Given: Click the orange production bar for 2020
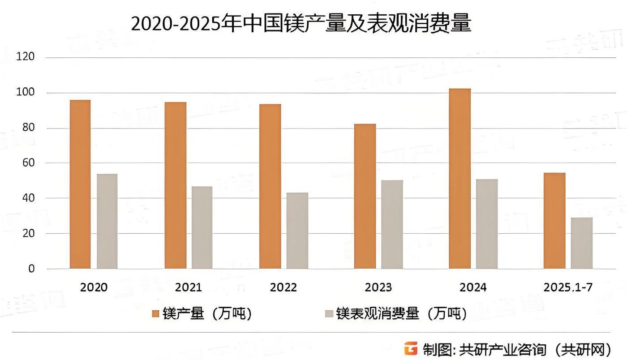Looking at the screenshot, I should tap(80, 184).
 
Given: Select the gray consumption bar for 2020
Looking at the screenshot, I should tap(107, 221).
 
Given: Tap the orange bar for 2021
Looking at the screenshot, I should tap(175, 185).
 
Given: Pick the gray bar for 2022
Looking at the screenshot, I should tap(297, 231).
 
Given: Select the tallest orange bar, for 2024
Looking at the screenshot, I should tap(460, 179).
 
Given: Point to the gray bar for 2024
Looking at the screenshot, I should tap(487, 224).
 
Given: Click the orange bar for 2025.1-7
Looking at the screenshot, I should tap(554, 221).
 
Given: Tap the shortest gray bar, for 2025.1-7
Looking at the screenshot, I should tap(582, 243).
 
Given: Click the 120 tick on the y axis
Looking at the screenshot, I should tap(26, 57).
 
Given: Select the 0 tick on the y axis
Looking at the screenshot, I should tap(31, 269).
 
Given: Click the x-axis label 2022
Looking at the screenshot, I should tap(283, 287).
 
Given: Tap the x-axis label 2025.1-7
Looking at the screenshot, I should tap(568, 287).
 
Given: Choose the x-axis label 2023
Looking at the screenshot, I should tap(378, 287).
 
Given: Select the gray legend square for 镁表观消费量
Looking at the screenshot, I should tap(329, 314).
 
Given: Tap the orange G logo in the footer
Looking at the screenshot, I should tap(410, 348).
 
